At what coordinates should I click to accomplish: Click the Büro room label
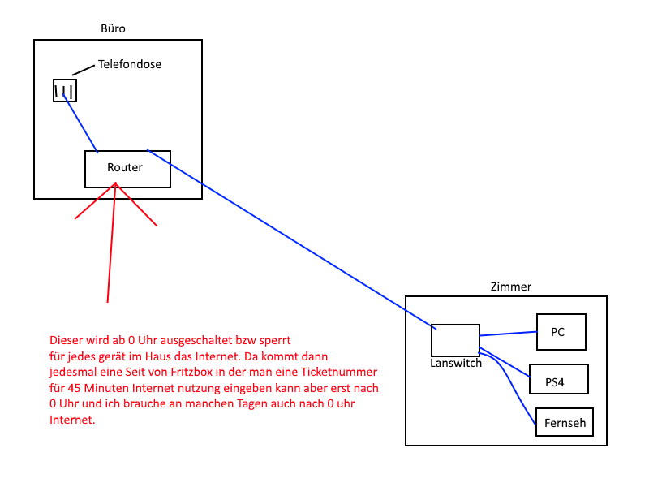tap(113, 28)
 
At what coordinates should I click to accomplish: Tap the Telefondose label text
tap(130, 64)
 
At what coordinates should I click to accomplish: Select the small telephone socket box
tap(65, 90)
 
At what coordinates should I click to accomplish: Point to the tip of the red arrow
tap(115, 183)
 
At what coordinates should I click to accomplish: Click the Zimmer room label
tap(511, 287)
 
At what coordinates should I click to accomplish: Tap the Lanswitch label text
tap(456, 363)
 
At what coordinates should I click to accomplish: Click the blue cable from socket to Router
tap(80, 123)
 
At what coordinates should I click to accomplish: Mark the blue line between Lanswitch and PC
tap(509, 334)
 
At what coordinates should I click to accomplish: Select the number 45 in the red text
tap(74, 388)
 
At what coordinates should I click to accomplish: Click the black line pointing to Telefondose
tap(84, 70)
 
